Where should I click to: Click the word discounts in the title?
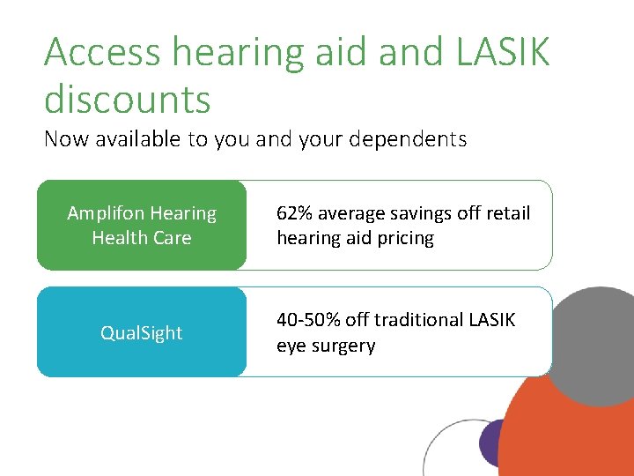click(x=128, y=99)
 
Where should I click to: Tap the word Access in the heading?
click(x=104, y=53)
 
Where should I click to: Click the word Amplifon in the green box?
click(x=107, y=213)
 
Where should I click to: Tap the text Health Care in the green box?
click(x=141, y=238)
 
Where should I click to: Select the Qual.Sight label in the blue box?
click(x=141, y=332)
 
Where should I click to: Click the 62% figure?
click(x=295, y=213)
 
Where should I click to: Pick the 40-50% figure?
click(x=309, y=320)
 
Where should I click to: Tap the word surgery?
click(x=342, y=346)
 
